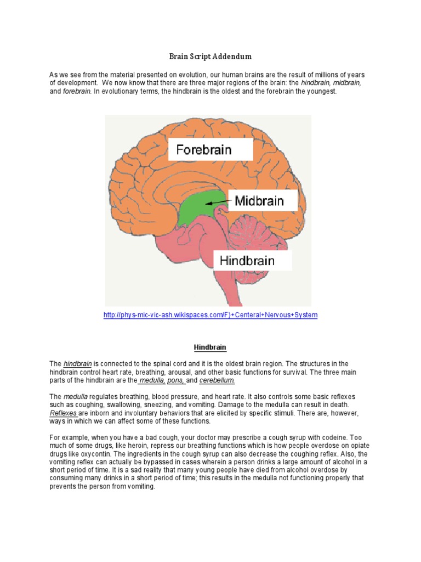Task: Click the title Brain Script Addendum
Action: (x=210, y=57)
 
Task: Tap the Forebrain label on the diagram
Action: (x=204, y=150)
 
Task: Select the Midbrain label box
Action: (x=259, y=201)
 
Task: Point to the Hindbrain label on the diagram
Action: (x=247, y=260)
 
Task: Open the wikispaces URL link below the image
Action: (x=210, y=315)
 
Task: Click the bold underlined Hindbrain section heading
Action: (x=210, y=347)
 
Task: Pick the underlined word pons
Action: (x=177, y=380)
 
